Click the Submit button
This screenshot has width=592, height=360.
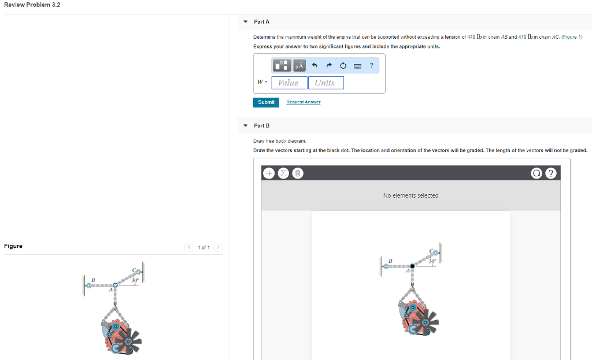tap(266, 102)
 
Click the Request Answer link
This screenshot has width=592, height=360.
tap(304, 102)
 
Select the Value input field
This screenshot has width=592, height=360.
tap(289, 83)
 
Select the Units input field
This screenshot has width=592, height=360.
tap(325, 83)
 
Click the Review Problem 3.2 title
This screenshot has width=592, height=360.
tap(32, 5)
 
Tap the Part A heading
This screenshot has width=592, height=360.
tap(261, 21)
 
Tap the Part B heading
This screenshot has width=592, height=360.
tap(261, 125)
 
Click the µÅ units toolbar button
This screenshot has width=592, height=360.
tap(299, 66)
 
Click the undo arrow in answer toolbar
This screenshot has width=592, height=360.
tap(315, 66)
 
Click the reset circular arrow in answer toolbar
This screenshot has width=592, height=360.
tap(343, 66)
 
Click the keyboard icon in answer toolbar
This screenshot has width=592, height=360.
tap(357, 66)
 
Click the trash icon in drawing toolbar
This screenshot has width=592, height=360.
tap(297, 173)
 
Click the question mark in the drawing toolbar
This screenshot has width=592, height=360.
tap(553, 173)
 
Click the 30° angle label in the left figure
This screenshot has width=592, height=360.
tap(135, 280)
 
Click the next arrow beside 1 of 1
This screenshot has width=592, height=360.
tap(218, 247)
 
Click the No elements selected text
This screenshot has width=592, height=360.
tap(410, 195)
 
